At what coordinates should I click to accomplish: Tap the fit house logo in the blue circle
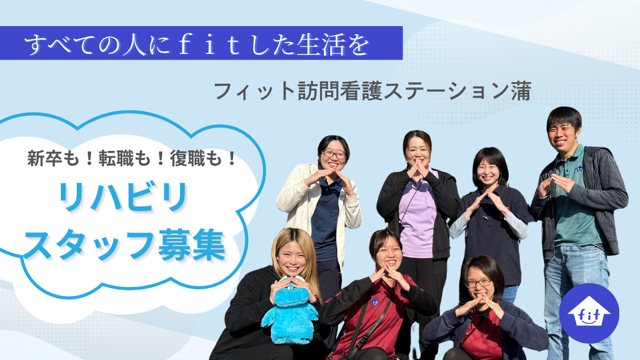[x=589, y=313]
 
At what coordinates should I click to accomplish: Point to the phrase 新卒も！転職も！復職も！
[x=132, y=159]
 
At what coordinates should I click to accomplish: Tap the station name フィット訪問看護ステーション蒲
[x=372, y=92]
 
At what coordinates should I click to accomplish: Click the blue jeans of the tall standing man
[x=576, y=299]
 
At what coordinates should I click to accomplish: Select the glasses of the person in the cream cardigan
[x=334, y=155]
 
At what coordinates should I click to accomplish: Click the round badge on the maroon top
[x=374, y=302]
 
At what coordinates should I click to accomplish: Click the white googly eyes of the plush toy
[x=290, y=282]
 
